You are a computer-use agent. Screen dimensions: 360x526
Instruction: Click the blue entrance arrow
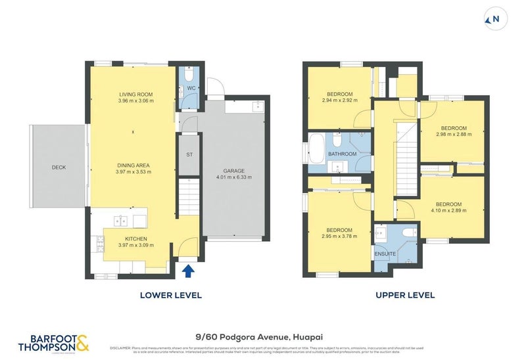[189, 269]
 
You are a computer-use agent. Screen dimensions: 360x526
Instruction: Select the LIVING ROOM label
[136, 94]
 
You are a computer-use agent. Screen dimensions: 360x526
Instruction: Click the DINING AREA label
[134, 165]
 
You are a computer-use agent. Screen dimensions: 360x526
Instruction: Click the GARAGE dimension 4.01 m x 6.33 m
[233, 177]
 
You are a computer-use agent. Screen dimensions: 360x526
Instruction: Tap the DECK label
[59, 168]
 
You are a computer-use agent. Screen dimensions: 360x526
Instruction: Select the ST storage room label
[189, 154]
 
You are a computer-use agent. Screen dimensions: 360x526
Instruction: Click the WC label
[189, 88]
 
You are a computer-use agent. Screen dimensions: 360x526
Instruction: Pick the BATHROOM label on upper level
[343, 154]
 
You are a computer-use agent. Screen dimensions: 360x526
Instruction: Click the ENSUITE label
[385, 252]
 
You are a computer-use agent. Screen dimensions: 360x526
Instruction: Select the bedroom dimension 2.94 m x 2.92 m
[339, 101]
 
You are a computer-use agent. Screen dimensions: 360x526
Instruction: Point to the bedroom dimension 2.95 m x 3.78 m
[339, 236]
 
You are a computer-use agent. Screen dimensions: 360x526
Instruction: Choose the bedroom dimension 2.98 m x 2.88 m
[453, 135]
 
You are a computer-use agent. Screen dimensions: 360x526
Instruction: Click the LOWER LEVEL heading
[171, 295]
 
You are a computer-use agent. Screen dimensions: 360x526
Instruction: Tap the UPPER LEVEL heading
[405, 295]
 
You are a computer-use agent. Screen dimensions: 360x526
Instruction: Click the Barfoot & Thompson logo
[53, 342]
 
